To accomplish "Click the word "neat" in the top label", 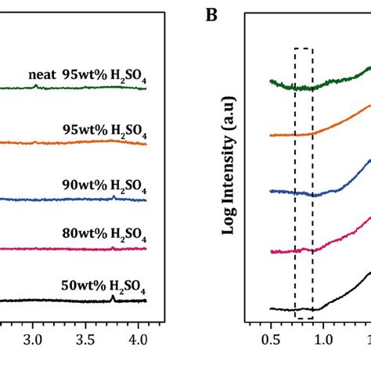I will (42, 75).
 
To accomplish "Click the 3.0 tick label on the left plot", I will (33, 340).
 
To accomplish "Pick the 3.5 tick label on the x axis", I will (85, 340).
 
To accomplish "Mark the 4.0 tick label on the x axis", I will (138, 340).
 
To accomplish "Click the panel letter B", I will (211, 15).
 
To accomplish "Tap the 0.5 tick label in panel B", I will (271, 340).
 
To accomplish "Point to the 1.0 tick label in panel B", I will (323, 340).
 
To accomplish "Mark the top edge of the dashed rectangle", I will (304, 49).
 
